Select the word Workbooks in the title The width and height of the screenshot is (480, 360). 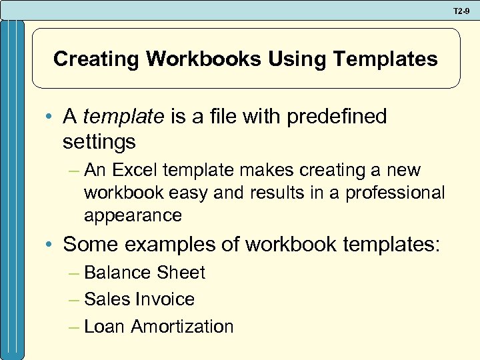pyautogui.click(x=204, y=59)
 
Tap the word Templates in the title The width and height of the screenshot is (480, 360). pyautogui.click(x=386, y=59)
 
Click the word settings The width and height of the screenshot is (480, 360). pyautogui.click(x=99, y=141)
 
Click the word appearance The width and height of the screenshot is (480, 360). pyautogui.click(x=133, y=215)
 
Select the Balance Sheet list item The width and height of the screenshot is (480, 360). pyautogui.click(x=145, y=273)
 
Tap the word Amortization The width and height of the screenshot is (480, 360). pyautogui.click(x=182, y=327)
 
